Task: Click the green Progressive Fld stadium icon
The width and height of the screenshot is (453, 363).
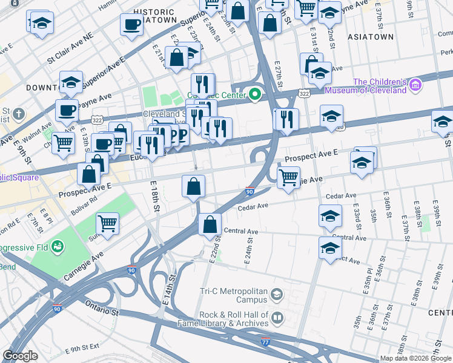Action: (58, 246)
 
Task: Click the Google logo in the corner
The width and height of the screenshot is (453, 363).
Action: (21, 356)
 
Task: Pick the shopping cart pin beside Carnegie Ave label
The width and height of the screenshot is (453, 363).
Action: (107, 223)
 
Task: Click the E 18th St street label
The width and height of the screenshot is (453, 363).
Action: (156, 196)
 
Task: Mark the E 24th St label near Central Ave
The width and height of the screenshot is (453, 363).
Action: (248, 250)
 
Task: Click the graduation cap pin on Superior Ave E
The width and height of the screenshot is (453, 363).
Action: (71, 83)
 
